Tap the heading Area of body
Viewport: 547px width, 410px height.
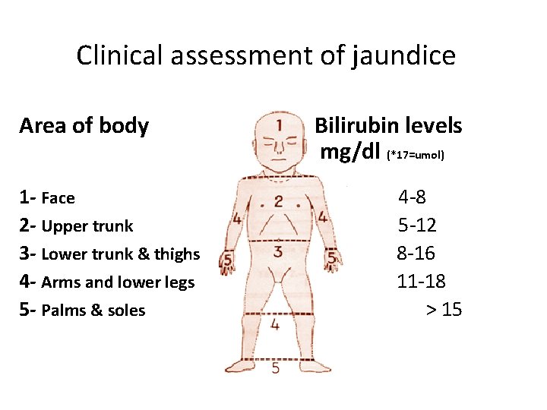coord(84,125)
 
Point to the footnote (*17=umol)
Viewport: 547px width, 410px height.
coord(416,155)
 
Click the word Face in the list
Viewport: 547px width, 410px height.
coord(58,199)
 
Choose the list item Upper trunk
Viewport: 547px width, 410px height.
coord(87,226)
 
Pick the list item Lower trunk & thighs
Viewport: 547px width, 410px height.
coord(120,254)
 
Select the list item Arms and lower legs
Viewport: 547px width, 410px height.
coord(118,282)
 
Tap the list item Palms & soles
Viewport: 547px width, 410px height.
coord(93,311)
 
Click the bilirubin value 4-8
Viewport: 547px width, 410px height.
coord(413,198)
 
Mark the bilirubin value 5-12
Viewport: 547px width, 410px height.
coord(417,225)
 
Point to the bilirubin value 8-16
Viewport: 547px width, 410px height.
coord(416,254)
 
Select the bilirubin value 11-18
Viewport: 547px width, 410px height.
coord(421,282)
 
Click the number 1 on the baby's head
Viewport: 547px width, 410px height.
coord(280,125)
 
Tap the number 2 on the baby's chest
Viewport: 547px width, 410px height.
coord(279,201)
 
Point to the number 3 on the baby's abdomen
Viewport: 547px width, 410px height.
coord(278,251)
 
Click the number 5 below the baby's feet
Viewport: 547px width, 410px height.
coord(274,368)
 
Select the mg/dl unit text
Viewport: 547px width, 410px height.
coord(349,152)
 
